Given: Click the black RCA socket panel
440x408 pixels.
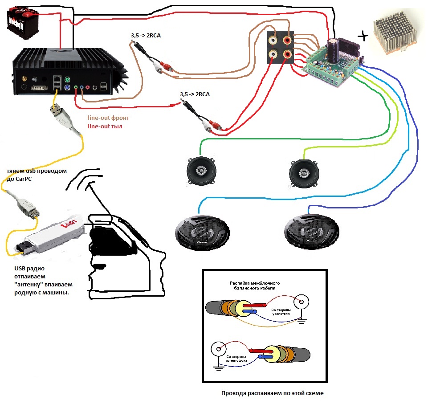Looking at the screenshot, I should (x=280, y=48).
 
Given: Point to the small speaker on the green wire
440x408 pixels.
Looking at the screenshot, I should (x=200, y=172).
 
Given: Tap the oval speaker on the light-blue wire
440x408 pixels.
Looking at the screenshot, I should (x=201, y=233).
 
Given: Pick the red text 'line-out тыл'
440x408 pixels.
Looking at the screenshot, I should (x=105, y=126).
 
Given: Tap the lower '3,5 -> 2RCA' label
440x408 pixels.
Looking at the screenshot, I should (x=195, y=94).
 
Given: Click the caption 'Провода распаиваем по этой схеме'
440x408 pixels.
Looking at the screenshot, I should (x=272, y=393).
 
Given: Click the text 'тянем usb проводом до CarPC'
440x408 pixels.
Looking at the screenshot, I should (x=37, y=174).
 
